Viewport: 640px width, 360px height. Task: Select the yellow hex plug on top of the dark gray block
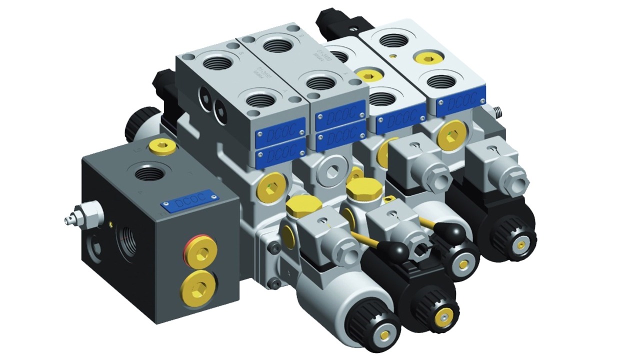pyautogui.click(x=162, y=146)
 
